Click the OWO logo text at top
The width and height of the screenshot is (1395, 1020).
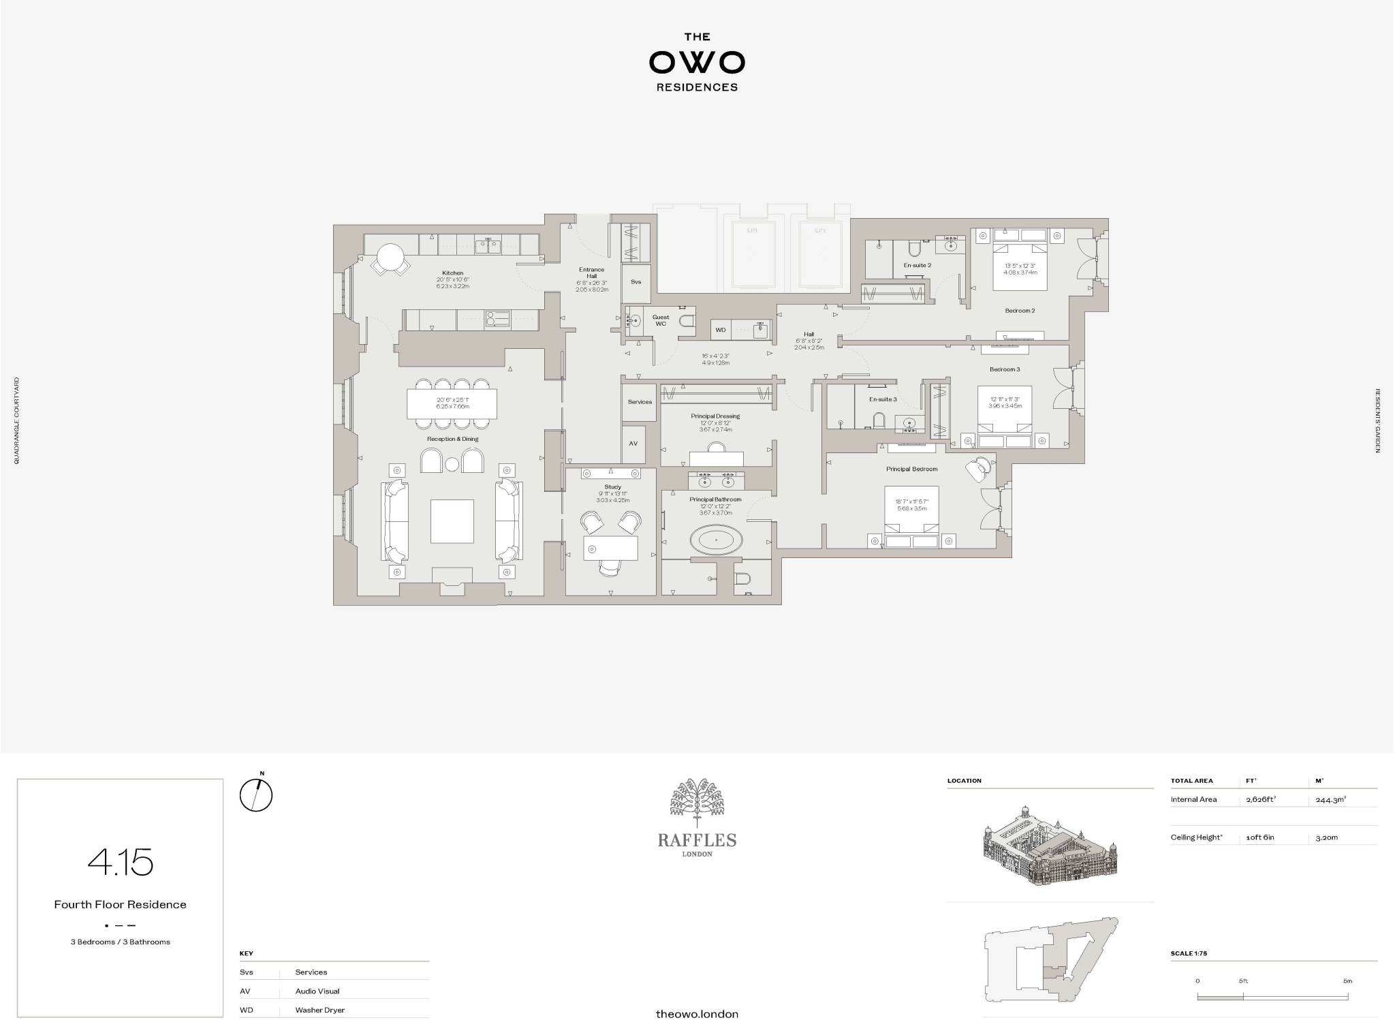(697, 63)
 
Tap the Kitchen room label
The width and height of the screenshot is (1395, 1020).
(452, 273)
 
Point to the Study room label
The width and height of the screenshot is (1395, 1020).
(612, 487)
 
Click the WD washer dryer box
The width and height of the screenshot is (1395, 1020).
(720, 330)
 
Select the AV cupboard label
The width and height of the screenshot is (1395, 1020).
(633, 444)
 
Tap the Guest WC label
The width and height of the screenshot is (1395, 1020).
(660, 320)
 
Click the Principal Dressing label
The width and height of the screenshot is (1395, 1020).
(715, 416)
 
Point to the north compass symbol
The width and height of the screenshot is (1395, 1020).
(256, 794)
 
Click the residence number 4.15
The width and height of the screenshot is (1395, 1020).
(121, 863)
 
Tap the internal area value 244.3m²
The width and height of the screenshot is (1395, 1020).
(1330, 800)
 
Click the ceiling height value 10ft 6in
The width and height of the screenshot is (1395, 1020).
(1259, 837)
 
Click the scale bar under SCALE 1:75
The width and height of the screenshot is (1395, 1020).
(1272, 997)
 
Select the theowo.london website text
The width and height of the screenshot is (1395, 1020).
(696, 1014)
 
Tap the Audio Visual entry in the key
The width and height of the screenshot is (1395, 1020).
(317, 991)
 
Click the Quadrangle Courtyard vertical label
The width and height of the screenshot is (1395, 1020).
(17, 421)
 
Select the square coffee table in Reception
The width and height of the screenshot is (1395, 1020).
(452, 521)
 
